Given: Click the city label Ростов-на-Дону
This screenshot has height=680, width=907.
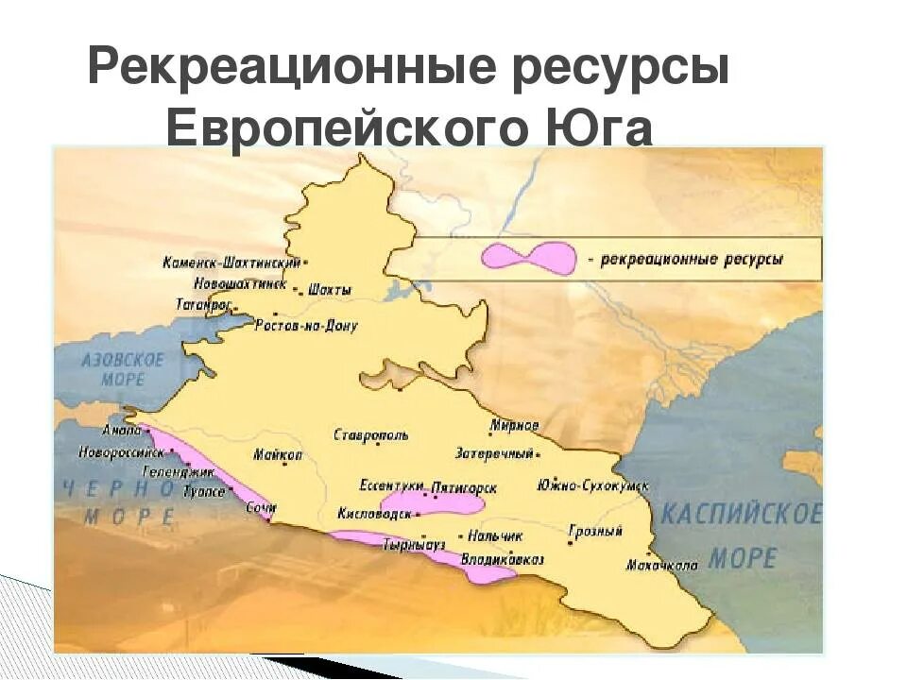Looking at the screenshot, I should (306, 325).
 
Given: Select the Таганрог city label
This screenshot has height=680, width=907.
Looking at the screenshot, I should (203, 305).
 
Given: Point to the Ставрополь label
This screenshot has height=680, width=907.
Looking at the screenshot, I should (371, 435).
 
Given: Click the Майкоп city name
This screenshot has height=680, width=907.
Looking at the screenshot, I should (278, 454).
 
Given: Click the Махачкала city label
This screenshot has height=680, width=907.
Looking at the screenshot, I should (661, 566).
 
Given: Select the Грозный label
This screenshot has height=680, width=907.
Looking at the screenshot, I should (595, 532).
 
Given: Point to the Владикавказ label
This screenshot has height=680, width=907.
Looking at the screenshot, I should (502, 559).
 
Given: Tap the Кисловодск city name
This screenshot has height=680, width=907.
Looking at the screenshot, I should (374, 515).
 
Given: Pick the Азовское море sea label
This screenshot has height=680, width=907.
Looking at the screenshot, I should (123, 369).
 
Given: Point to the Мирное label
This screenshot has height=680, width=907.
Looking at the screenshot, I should (515, 424).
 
